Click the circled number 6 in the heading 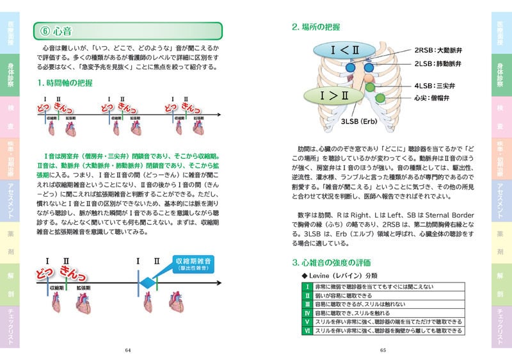click(x=45, y=31)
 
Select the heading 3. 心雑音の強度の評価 click(x=331, y=263)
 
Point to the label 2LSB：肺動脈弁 click(x=439, y=64)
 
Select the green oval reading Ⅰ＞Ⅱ click(x=335, y=96)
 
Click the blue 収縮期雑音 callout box click(x=195, y=264)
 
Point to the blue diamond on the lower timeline click(x=148, y=281)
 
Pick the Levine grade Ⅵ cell click(x=308, y=330)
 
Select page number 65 click(x=383, y=350)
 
